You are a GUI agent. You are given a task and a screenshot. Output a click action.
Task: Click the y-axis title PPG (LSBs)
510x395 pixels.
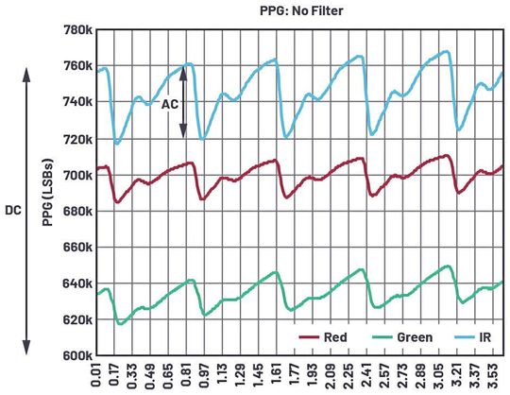click(x=47, y=194)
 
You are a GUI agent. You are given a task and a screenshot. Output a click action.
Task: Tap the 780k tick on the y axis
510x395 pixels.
click(x=74, y=29)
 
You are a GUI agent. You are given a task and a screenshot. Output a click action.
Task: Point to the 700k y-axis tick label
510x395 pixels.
click(x=74, y=175)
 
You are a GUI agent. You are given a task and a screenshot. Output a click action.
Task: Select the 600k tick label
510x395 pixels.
click(x=74, y=356)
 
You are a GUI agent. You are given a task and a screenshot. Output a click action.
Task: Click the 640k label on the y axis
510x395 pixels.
click(x=74, y=283)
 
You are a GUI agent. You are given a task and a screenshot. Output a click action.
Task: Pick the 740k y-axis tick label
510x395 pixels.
click(x=74, y=102)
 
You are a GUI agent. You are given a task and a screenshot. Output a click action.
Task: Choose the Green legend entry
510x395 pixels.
click(x=403, y=337)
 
